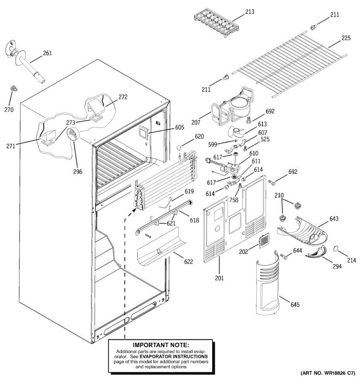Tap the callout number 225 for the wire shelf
(x=346, y=38)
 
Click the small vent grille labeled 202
(x=264, y=241)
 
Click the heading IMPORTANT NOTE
(x=161, y=345)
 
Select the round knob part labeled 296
(x=73, y=134)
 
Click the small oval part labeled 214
(x=336, y=248)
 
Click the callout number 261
(x=47, y=53)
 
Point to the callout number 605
(x=180, y=127)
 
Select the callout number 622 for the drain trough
(x=188, y=262)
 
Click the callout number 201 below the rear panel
(x=219, y=278)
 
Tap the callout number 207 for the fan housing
(x=196, y=122)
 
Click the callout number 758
(x=234, y=200)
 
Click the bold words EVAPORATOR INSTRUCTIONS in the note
(x=173, y=356)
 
